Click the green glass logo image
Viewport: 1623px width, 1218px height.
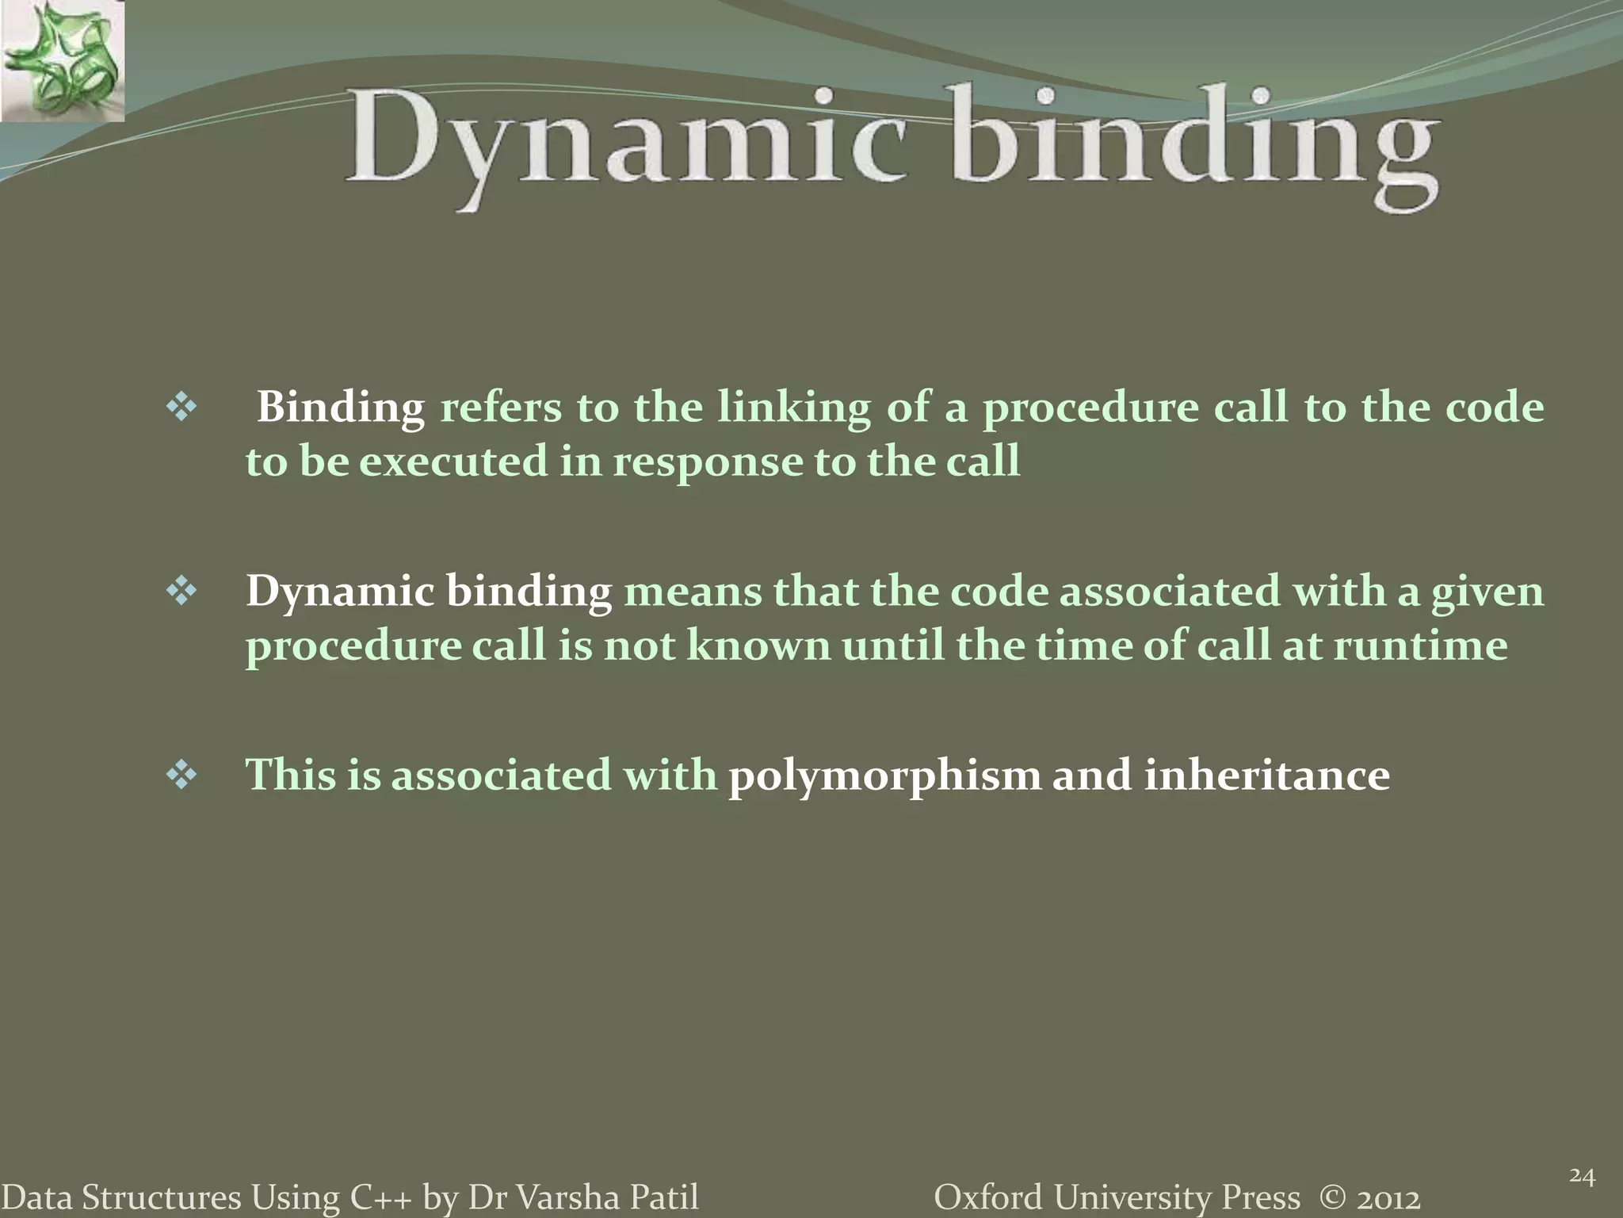[x=62, y=60]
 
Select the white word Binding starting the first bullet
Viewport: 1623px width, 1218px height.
[x=341, y=408]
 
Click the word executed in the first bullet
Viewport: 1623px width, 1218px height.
[x=453, y=462]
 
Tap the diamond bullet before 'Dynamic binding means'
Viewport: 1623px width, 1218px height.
[x=181, y=592]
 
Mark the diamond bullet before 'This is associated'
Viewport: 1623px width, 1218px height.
[x=181, y=776]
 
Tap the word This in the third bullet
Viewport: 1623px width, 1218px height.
[x=291, y=775]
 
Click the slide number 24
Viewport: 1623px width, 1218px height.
[x=1582, y=1176]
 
